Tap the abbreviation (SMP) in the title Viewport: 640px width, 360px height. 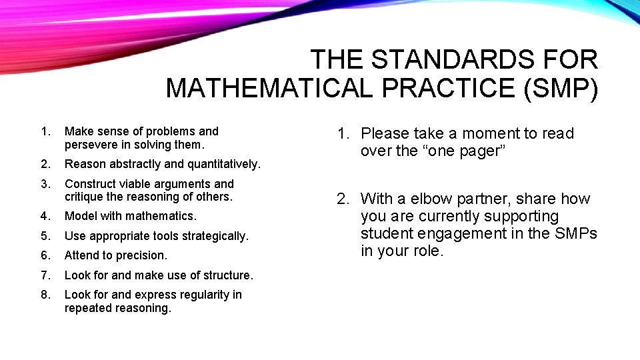561,88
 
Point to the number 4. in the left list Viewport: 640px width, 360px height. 45,216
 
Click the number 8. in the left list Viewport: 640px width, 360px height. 45,295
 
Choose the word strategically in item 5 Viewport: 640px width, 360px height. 214,236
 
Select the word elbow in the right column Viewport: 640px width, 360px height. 427,199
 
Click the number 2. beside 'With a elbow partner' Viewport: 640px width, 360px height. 343,199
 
